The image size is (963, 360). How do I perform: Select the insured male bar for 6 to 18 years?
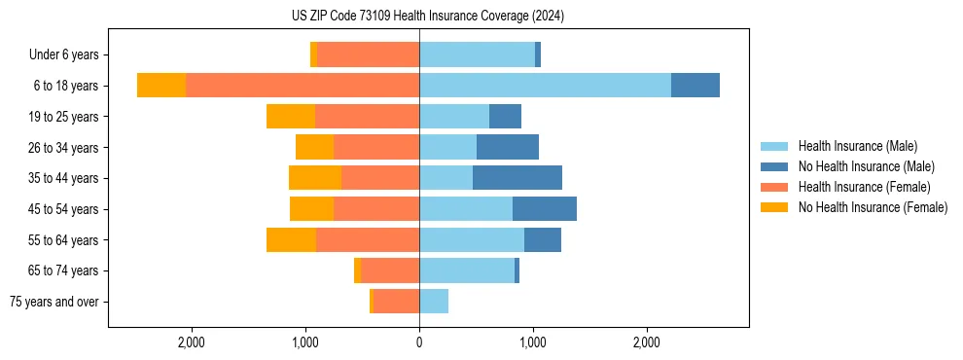[545, 86]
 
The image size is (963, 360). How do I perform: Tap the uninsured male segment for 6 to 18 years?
[695, 86]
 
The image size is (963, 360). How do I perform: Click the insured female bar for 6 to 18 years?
[302, 86]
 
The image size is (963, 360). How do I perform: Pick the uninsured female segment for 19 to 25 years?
[290, 117]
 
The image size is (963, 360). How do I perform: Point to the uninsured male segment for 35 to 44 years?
[517, 178]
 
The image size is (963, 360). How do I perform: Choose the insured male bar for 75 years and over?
[434, 302]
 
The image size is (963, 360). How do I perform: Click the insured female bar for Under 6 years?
[368, 54]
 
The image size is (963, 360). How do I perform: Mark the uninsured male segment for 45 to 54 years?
[544, 209]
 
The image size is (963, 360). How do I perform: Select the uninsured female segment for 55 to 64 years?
[291, 240]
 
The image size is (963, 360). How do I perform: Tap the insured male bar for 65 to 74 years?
[467, 270]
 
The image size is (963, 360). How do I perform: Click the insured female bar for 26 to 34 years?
[375, 147]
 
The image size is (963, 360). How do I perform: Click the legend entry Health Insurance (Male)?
[857, 146]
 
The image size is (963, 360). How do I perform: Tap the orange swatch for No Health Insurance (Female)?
[774, 207]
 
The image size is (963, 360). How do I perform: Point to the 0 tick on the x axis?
[419, 342]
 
